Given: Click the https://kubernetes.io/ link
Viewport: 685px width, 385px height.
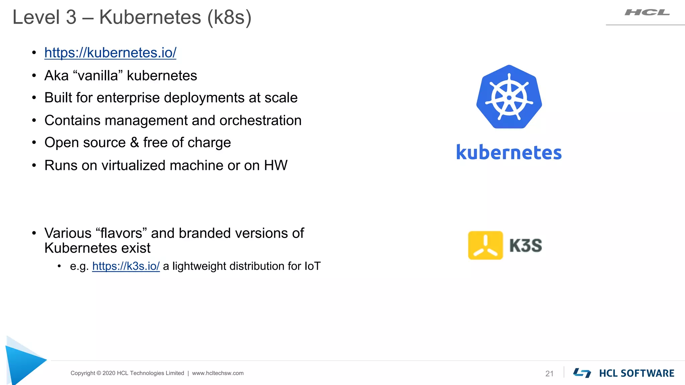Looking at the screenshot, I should tap(110, 53).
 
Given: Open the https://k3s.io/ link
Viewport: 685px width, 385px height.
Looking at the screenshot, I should tap(126, 266).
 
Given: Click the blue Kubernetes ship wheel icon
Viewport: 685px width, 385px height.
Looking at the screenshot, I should tap(509, 97).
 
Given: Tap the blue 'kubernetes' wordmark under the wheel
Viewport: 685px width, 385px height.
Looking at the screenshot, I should tap(509, 153).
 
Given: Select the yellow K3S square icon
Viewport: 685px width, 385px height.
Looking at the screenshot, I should tap(485, 245).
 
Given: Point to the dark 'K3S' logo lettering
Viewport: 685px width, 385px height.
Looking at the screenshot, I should tap(525, 246).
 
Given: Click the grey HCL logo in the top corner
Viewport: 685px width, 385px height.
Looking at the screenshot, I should tap(647, 13).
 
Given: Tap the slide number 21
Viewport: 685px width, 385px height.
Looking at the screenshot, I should tap(549, 374).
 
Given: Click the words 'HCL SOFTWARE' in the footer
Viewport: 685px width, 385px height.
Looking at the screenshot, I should tap(637, 373).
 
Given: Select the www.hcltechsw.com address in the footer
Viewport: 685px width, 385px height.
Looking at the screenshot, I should tap(218, 373).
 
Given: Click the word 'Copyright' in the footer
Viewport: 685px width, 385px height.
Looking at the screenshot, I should tap(83, 373).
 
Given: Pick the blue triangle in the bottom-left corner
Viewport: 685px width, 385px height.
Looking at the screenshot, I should tap(23, 363).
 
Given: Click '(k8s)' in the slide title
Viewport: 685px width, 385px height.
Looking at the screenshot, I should tap(229, 17).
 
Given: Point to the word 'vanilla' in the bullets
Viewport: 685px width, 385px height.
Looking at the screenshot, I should tap(98, 76).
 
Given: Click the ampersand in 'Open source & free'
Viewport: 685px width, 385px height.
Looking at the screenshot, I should tap(134, 143).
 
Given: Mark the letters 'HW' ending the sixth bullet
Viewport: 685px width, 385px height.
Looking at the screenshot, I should tap(276, 165).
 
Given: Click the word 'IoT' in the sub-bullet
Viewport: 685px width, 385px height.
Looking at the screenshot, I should tap(312, 266).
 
